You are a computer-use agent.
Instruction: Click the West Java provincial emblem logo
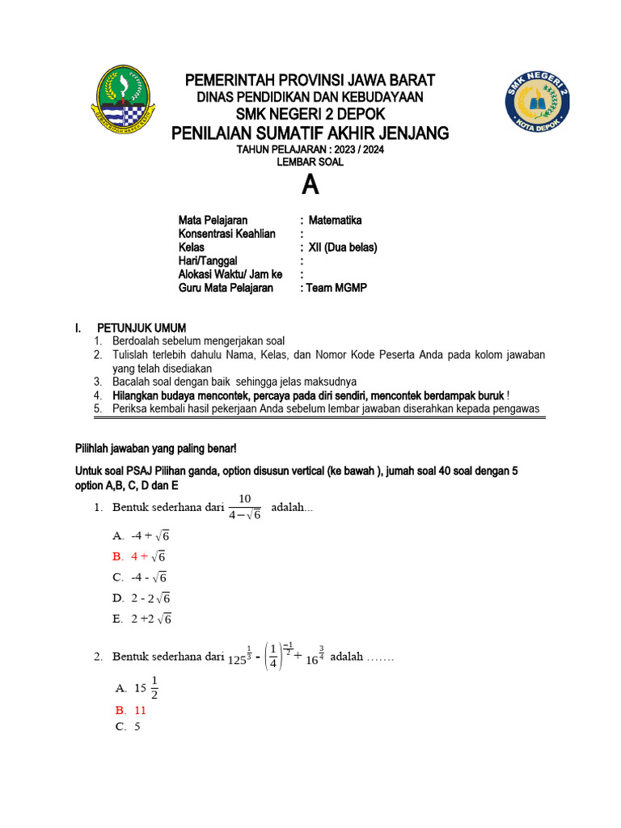[x=123, y=101]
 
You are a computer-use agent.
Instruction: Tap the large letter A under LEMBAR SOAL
[x=310, y=186]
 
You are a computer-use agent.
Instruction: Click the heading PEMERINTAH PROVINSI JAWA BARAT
[x=310, y=80]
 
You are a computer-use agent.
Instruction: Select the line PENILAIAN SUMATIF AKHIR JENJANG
[x=310, y=133]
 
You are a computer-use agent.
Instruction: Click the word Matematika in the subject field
[x=335, y=220]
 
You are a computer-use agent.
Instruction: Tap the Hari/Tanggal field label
[x=208, y=261]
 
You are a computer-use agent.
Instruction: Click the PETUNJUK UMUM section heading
[x=142, y=327]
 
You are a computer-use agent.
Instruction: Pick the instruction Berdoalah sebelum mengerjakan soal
[x=198, y=340]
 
